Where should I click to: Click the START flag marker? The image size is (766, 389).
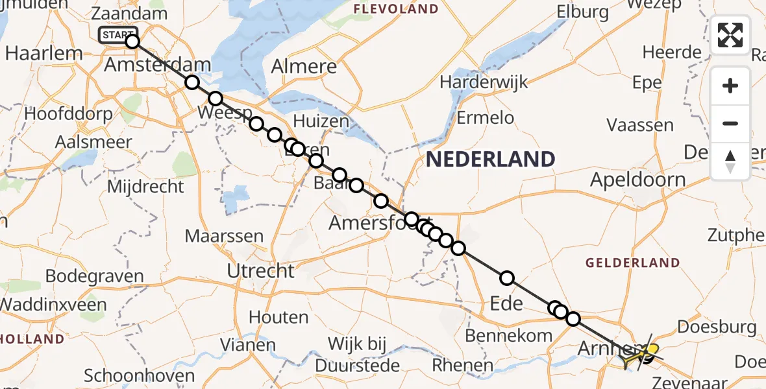click(117, 35)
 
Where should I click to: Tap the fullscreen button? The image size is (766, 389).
click(730, 35)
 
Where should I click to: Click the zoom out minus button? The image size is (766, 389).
click(730, 123)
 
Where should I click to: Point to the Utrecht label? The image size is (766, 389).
click(261, 270)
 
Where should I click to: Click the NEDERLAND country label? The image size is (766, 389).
click(490, 159)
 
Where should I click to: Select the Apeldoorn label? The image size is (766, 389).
click(637, 180)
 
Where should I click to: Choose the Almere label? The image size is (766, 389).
click(304, 66)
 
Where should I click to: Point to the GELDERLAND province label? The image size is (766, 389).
click(632, 263)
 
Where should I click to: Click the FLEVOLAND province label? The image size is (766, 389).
click(395, 9)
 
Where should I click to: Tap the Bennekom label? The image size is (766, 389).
click(509, 335)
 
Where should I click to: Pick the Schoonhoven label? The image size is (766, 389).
click(140, 375)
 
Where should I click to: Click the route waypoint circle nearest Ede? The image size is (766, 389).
click(506, 278)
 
